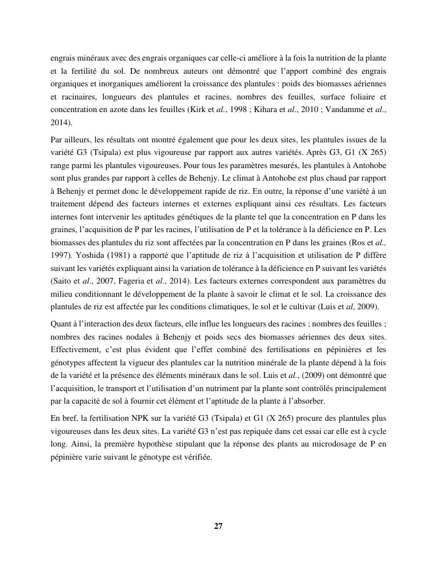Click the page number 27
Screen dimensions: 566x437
(x=218, y=527)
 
